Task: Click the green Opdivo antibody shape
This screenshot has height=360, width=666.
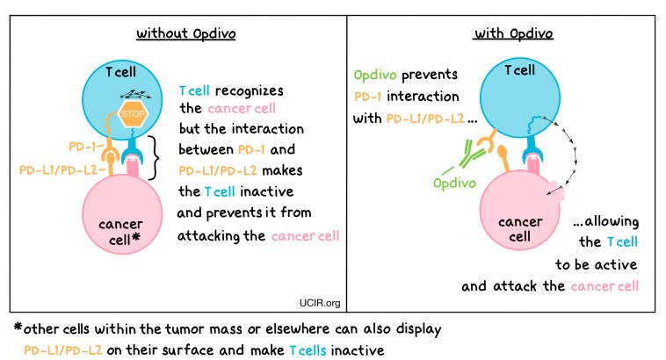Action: point(460,156)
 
